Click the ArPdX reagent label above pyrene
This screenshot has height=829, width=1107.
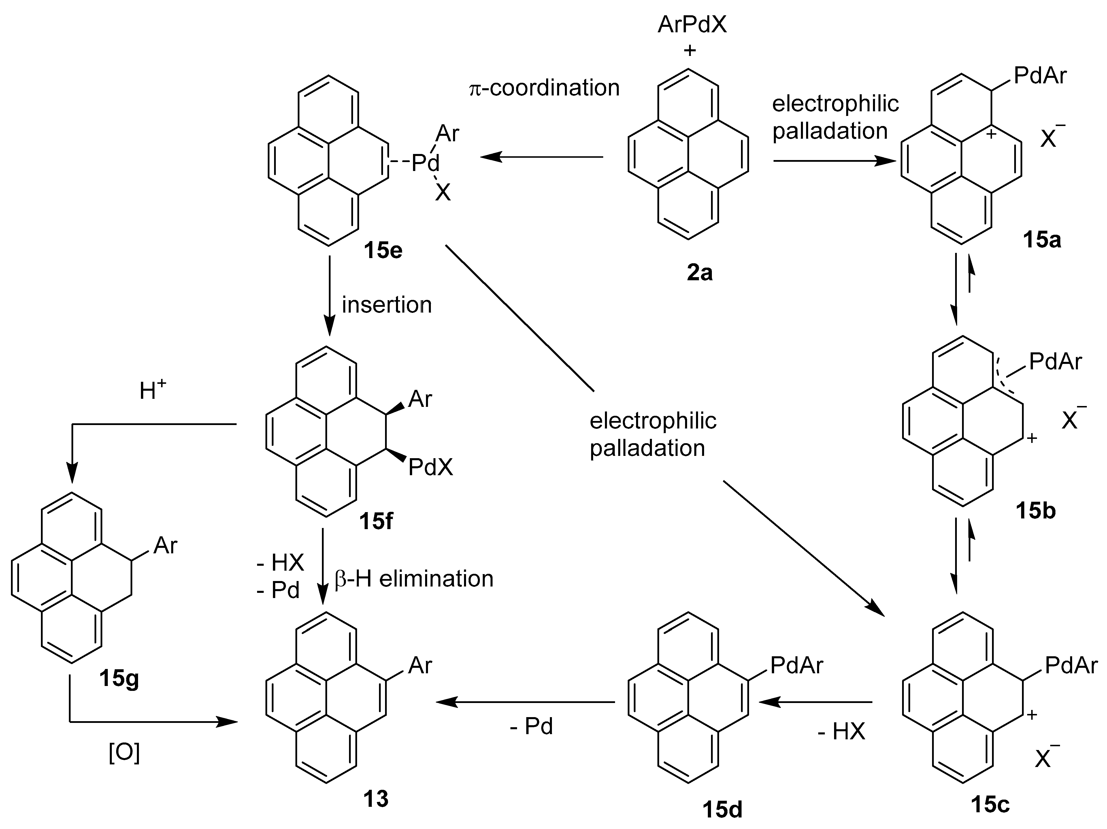click(x=692, y=24)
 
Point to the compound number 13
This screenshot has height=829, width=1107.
click(x=375, y=799)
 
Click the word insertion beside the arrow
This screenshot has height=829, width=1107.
click(x=386, y=305)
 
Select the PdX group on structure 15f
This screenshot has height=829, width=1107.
click(x=430, y=468)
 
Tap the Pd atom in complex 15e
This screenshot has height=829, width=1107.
click(x=425, y=163)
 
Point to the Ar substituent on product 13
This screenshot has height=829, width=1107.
click(x=420, y=665)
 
